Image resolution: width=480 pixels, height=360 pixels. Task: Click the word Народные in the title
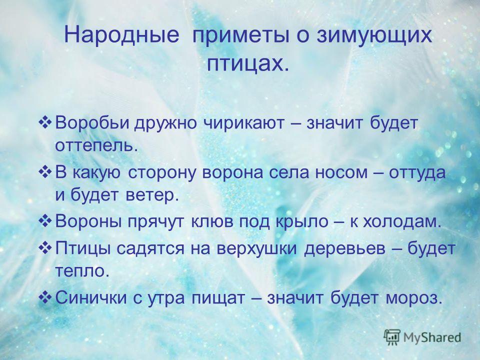point(121,35)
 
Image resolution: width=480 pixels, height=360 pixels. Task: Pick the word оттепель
point(95,146)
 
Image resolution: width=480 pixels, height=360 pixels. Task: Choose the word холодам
point(402,221)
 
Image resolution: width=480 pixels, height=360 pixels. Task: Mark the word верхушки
point(257,249)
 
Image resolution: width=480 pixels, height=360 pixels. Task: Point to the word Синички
point(91,298)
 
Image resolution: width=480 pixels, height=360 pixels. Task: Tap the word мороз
point(414,298)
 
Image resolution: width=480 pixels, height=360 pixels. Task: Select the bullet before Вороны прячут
point(45,221)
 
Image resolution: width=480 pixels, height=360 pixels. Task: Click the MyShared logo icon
point(392,337)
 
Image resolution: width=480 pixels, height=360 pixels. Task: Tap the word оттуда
point(417,173)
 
